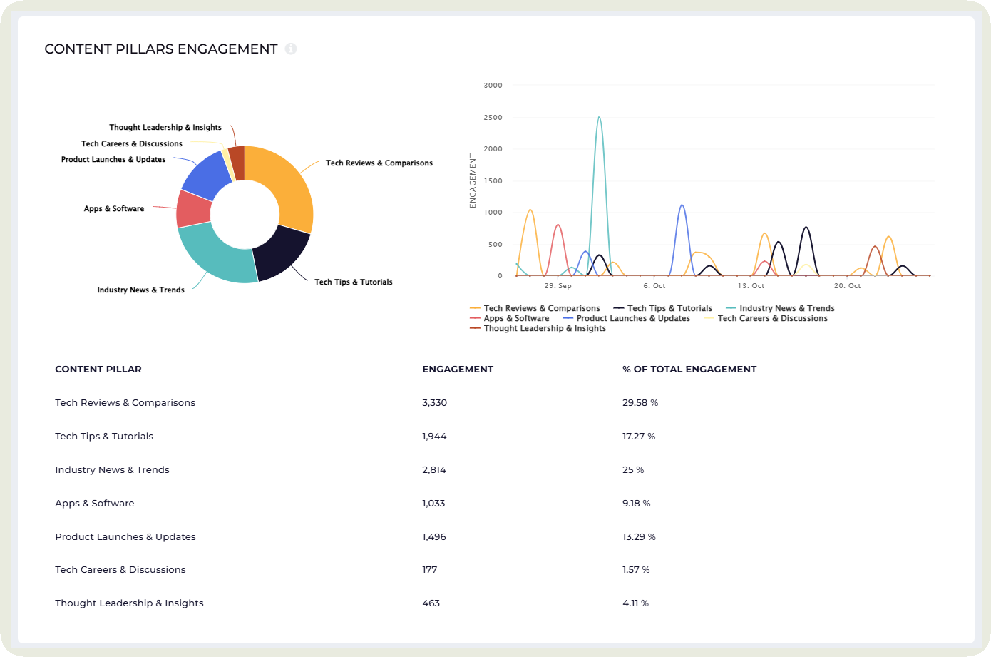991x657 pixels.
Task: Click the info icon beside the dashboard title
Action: point(291,49)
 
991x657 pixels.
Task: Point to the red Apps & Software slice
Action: point(193,209)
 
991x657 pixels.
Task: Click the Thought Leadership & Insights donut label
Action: point(165,128)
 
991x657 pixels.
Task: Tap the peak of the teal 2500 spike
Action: point(599,117)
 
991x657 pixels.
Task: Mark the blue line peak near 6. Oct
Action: point(682,205)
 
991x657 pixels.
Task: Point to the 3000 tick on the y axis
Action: point(493,86)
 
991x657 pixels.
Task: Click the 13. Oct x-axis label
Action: point(751,286)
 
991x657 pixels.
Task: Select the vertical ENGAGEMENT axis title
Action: point(473,180)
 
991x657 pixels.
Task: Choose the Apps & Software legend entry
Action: point(516,319)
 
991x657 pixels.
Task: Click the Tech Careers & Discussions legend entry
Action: point(772,319)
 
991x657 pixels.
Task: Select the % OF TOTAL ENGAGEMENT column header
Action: point(689,370)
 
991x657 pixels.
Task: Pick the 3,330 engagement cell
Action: point(434,403)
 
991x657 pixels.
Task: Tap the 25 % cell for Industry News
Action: point(633,470)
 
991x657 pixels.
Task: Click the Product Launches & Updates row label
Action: point(125,537)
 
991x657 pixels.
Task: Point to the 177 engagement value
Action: point(430,570)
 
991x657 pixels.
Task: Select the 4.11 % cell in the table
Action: point(635,603)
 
